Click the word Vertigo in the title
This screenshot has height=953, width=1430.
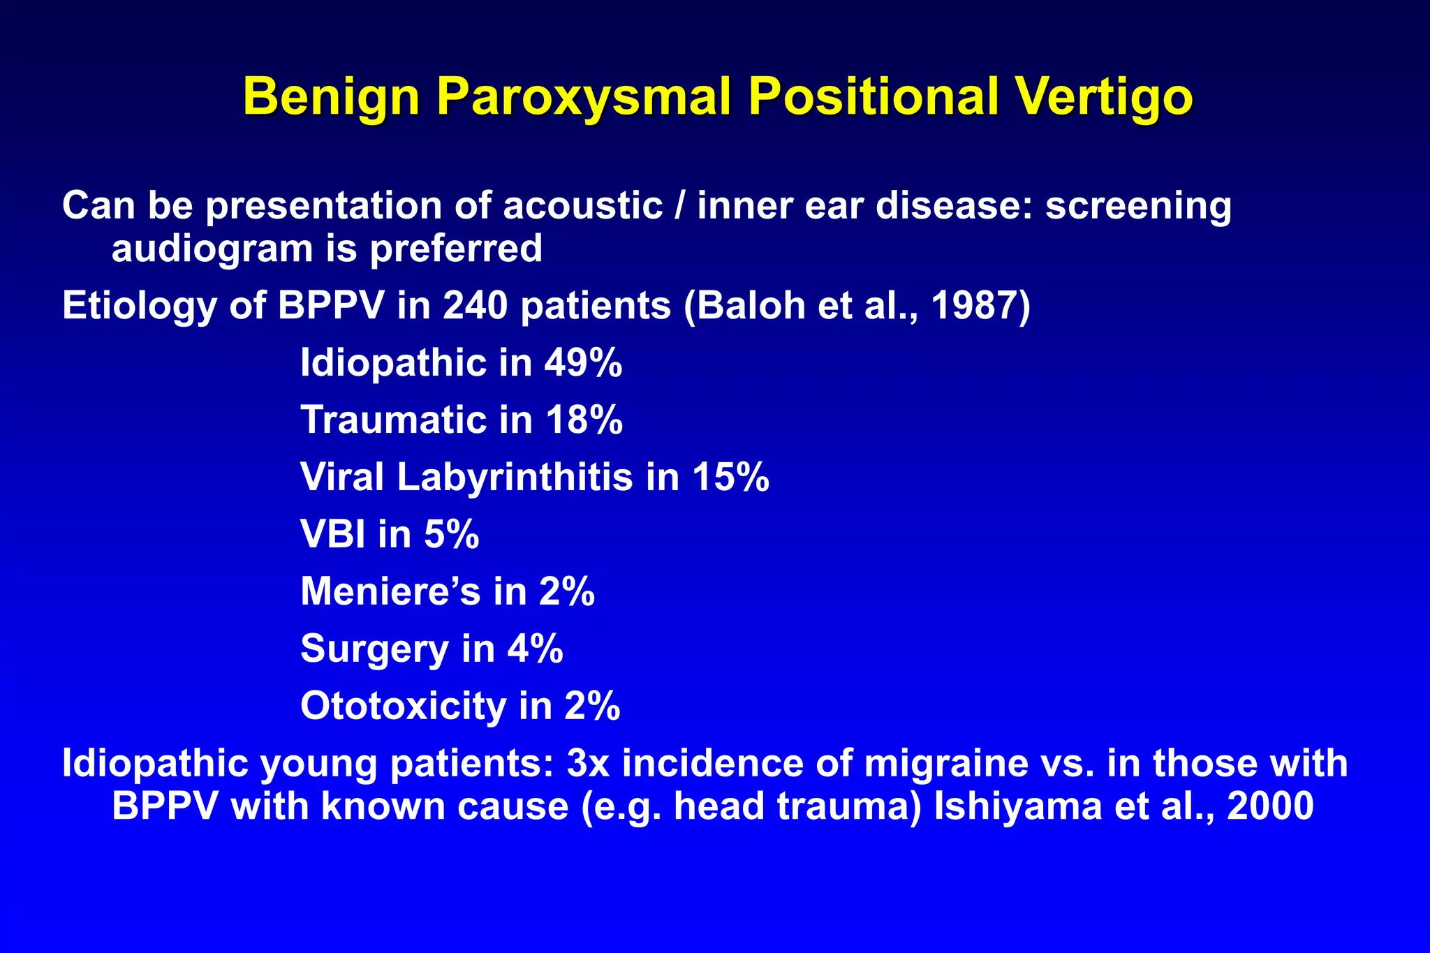[x=1104, y=96]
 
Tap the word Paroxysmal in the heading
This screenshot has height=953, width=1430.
[x=584, y=96]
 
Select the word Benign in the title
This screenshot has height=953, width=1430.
[x=331, y=96]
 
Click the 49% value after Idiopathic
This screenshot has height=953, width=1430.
[x=583, y=363]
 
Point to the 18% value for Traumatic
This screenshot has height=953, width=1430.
[x=584, y=420]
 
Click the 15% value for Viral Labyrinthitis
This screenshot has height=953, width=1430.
[x=730, y=478]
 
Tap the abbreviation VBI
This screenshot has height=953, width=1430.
[x=333, y=535]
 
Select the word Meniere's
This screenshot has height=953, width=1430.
[x=390, y=592]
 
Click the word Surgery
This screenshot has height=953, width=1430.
[x=374, y=649]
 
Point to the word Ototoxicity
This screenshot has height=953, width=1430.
[x=403, y=707]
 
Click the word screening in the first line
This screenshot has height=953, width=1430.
[x=1138, y=206]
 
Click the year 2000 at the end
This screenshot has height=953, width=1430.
[x=1270, y=807]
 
